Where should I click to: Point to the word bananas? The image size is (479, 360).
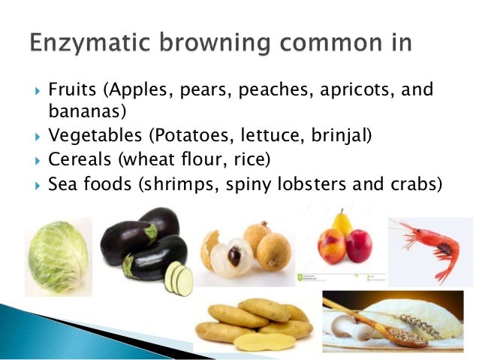[x=80, y=113]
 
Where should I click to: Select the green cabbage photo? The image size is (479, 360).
[x=58, y=256]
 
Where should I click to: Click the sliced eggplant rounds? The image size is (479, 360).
[x=179, y=277]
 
